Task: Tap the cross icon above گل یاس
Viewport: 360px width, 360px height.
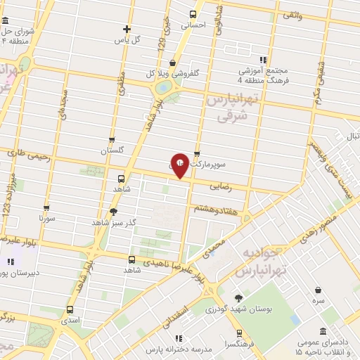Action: click(x=127, y=29)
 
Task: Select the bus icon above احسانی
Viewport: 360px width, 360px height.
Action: click(x=193, y=14)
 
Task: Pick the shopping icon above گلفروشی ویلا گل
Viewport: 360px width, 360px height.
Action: click(x=172, y=63)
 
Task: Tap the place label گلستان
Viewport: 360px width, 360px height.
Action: click(x=112, y=150)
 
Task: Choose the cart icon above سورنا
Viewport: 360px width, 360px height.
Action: click(x=46, y=208)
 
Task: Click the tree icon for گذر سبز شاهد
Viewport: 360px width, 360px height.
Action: click(x=114, y=212)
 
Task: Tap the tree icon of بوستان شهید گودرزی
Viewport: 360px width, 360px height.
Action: click(x=238, y=298)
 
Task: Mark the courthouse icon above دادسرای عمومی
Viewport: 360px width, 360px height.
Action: click(x=323, y=331)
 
